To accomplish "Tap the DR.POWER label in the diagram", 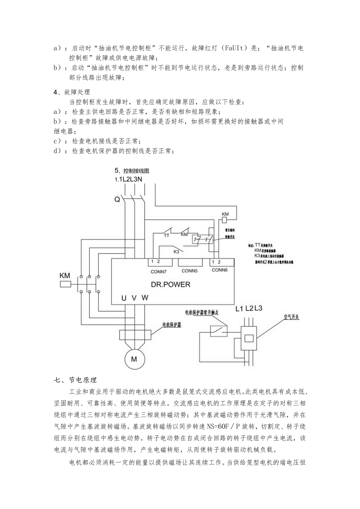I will click(170, 284).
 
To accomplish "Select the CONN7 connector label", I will click(158, 270).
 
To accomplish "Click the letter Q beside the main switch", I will click(117, 200).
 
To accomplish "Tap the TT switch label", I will click(166, 236).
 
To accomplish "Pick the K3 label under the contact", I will click(176, 252).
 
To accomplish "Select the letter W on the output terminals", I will click(145, 298).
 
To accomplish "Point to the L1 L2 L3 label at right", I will click(249, 309).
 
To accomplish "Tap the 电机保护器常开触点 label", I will click(207, 312).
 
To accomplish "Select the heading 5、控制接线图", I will click(132, 171).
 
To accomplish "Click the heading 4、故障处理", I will click(72, 92).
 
